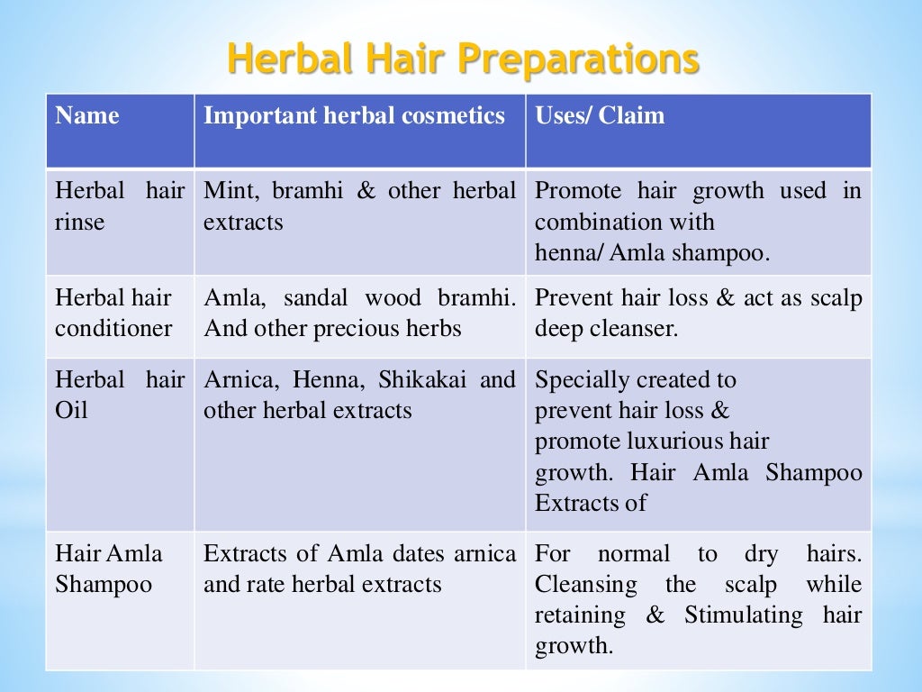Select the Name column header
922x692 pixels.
(x=86, y=115)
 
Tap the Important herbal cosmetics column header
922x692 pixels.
(x=354, y=115)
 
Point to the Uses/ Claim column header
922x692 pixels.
(x=600, y=115)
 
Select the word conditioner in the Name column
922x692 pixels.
(x=113, y=328)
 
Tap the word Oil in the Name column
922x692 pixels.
(x=71, y=411)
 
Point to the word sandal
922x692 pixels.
(x=318, y=297)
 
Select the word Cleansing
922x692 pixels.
(x=585, y=585)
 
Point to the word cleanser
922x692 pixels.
(x=632, y=328)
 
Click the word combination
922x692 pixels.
(x=593, y=222)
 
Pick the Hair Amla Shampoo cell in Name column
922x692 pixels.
(x=109, y=569)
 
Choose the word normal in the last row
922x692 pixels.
(x=634, y=554)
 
